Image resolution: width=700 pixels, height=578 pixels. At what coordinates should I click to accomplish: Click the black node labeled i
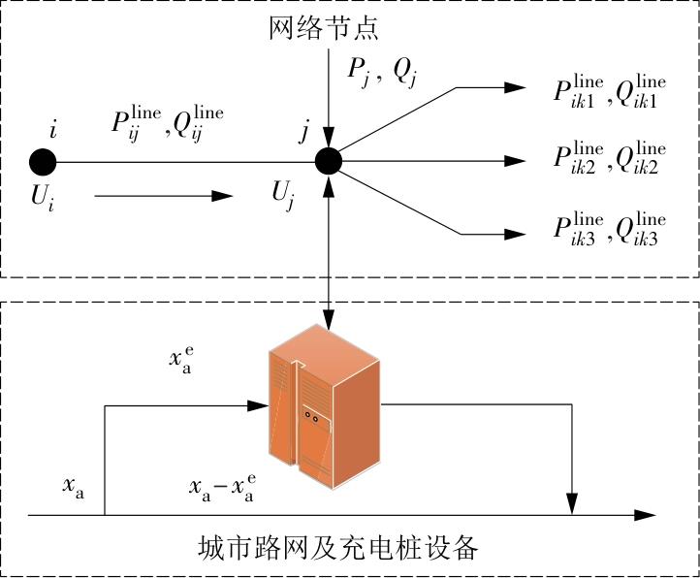pos(43,162)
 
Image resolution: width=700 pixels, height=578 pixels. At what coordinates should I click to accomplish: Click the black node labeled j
pos(329,161)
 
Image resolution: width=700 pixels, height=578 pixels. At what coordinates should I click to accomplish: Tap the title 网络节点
pos(324,28)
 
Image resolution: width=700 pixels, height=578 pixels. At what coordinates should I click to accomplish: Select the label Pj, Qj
pos(382,73)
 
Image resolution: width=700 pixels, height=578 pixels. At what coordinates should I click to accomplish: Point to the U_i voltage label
pos(43,197)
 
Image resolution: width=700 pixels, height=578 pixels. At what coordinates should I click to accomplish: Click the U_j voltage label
pos(283,195)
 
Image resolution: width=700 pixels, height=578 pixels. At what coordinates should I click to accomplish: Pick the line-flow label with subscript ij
pos(168,124)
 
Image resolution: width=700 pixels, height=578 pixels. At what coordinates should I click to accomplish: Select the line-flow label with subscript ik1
pos(610,92)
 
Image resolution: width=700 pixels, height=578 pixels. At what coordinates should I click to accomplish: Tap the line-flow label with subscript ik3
pos(610,229)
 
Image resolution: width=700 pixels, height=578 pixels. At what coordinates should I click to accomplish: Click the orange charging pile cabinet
pos(325,405)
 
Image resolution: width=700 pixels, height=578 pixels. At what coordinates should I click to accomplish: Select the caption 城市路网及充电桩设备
pos(338,548)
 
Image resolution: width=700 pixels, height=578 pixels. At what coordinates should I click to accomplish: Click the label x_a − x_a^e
pos(222,488)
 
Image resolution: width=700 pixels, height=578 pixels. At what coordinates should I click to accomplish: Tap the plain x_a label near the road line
pos(74,487)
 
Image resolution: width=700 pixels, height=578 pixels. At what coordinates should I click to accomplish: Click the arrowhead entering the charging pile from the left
pos(258,405)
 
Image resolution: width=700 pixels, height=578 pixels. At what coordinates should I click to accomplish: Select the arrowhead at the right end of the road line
pos(645,515)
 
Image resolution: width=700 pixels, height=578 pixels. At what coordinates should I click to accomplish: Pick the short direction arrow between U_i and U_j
pos(164,196)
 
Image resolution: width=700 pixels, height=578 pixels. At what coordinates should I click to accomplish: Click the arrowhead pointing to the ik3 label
pos(515,234)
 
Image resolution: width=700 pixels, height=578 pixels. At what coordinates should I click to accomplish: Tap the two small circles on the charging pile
pos(311,417)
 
